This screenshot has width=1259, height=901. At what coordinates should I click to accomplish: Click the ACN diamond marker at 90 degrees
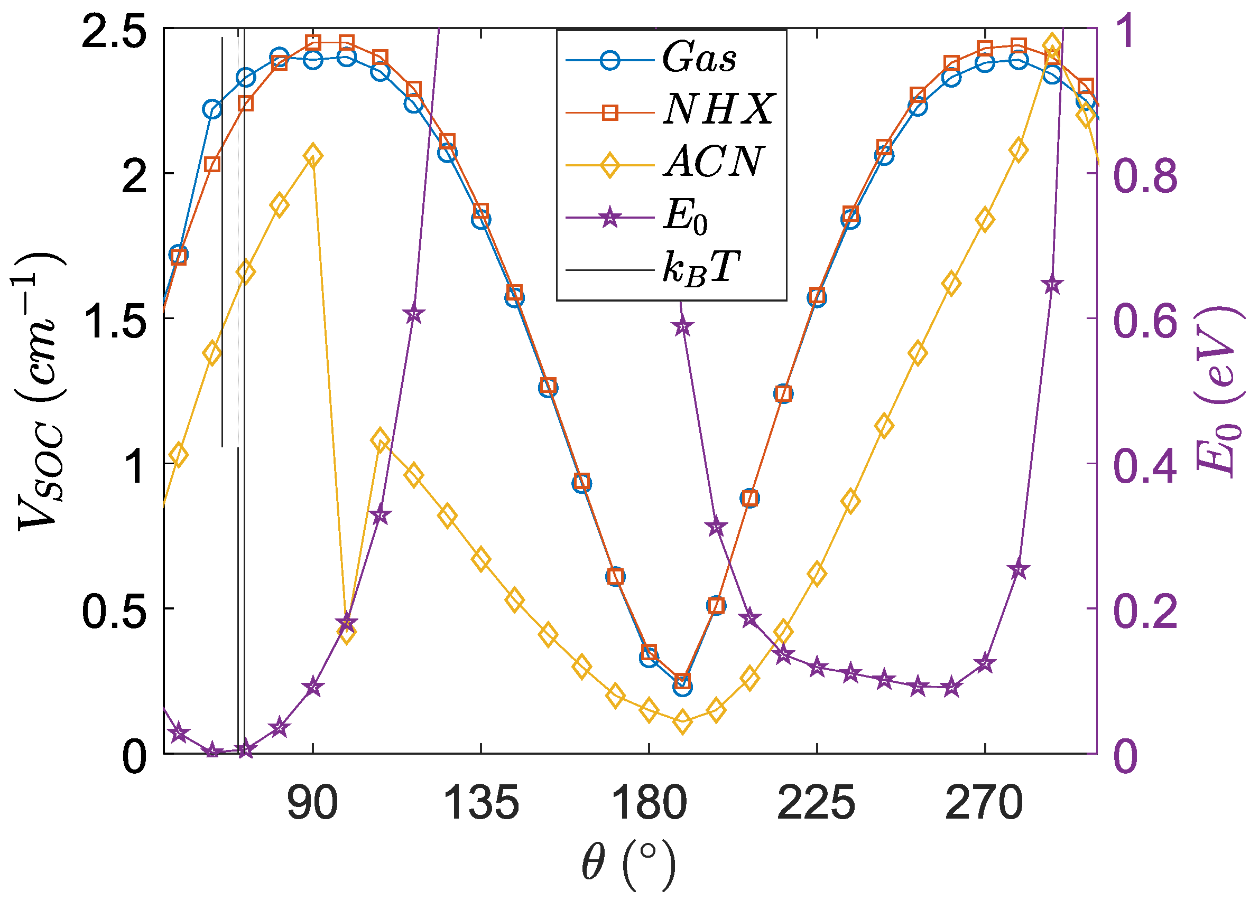313,156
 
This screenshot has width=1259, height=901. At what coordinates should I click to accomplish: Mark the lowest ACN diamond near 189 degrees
683,723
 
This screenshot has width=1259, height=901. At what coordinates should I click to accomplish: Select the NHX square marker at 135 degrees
481,212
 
